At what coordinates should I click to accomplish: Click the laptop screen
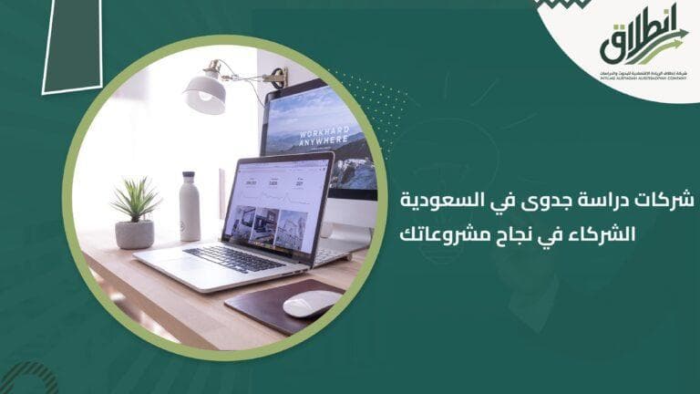click(279, 202)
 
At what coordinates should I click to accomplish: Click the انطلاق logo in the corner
click(643, 41)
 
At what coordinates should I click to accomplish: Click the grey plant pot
click(135, 233)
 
